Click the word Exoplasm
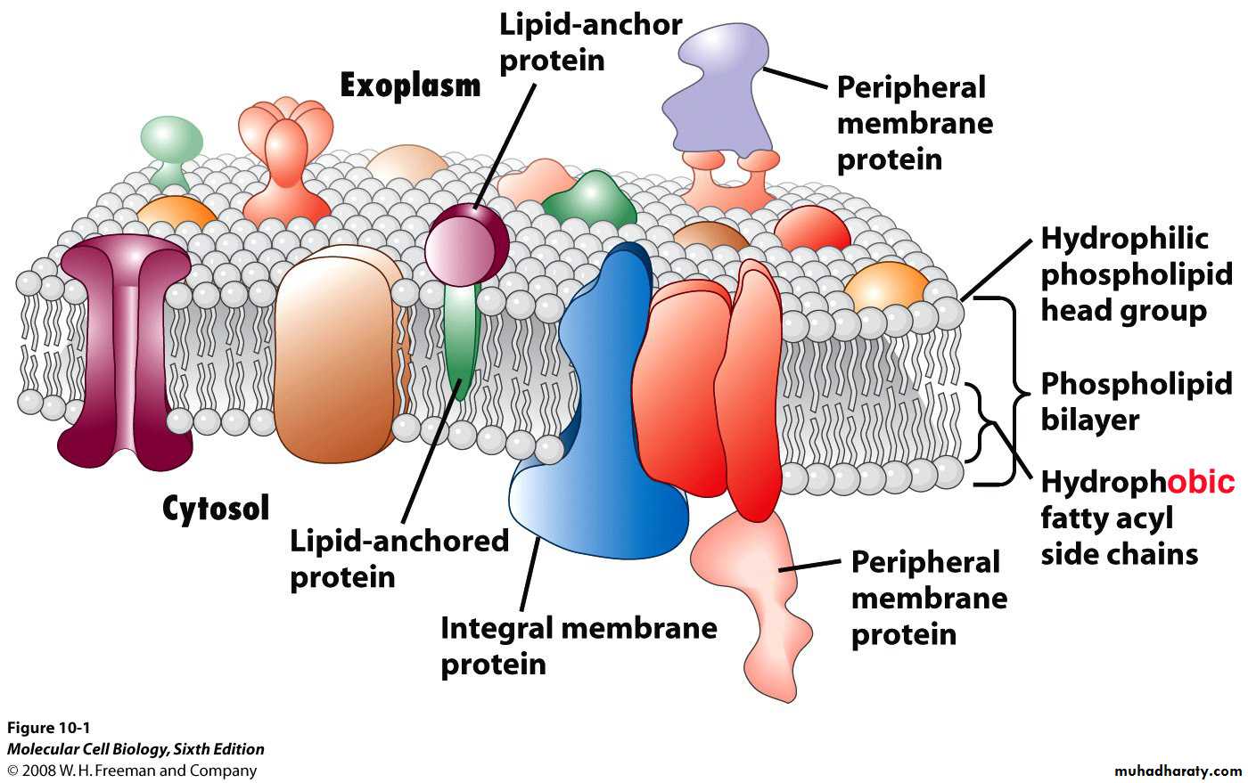[x=410, y=86]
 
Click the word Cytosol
[x=215, y=508]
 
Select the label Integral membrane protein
[x=578, y=645]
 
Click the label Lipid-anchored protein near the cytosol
[x=398, y=559]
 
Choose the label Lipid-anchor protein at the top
[x=589, y=42]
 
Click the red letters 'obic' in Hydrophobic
[x=1201, y=482]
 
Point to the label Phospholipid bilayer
[x=1136, y=401]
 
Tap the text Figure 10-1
[x=48, y=728]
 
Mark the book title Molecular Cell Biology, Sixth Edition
[x=135, y=749]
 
